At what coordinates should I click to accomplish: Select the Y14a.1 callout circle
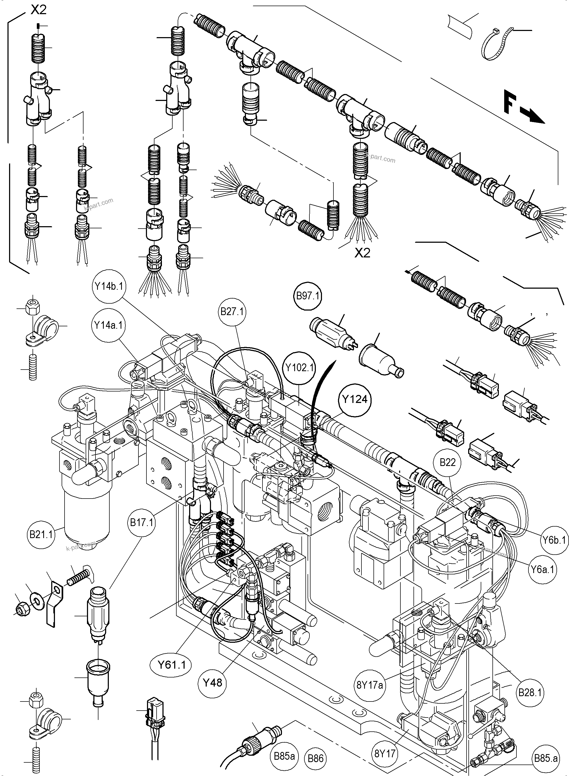click(109, 326)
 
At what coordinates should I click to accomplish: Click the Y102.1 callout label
click(299, 367)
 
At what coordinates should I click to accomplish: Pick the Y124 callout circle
click(355, 399)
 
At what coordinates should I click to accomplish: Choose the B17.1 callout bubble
click(141, 523)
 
